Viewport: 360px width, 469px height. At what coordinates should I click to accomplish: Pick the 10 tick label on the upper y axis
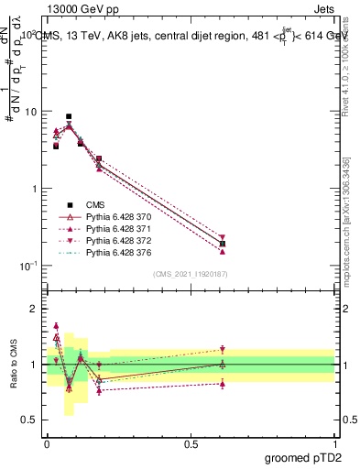tap(31, 112)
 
